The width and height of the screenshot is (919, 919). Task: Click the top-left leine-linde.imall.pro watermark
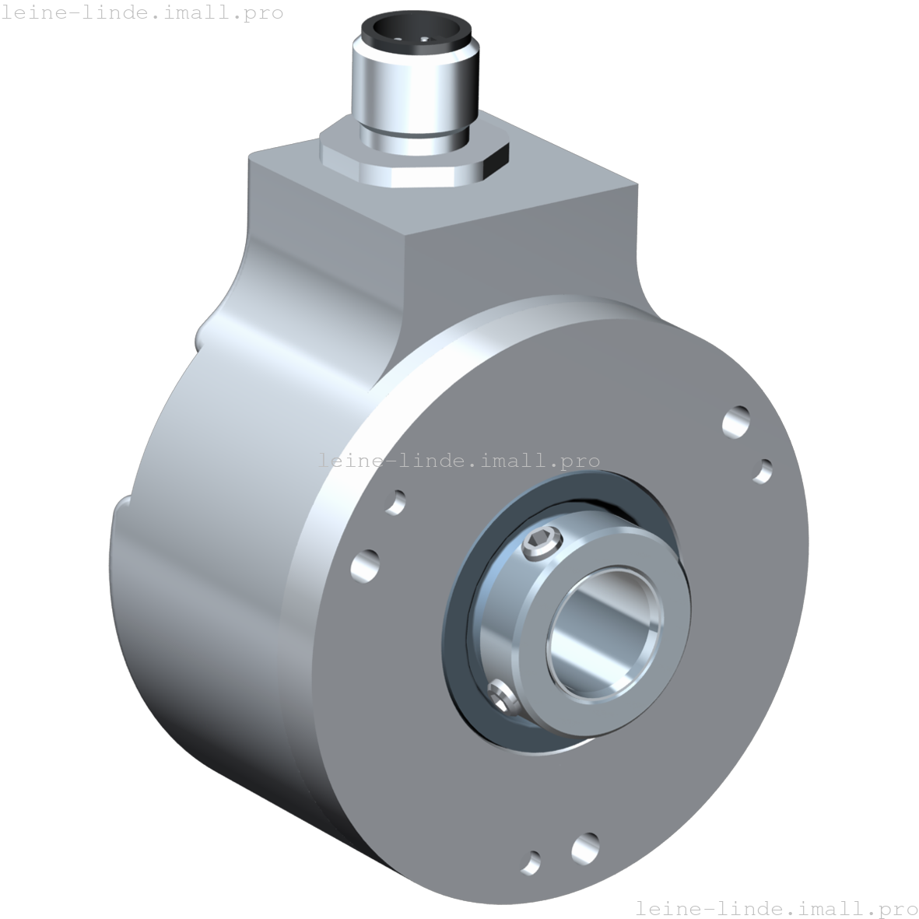tap(142, 13)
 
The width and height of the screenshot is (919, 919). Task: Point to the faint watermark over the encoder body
tap(459, 461)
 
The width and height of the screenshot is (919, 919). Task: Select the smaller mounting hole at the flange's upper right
tap(764, 470)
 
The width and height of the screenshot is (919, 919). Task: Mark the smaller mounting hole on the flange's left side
tap(396, 502)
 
